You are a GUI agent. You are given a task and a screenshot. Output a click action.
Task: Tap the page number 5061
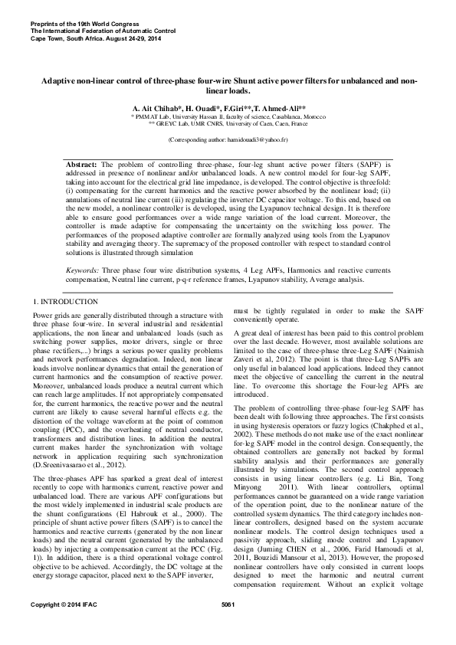pyautogui.click(x=228, y=627)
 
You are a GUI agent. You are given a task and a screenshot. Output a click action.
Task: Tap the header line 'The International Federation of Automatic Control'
pyautogui.click(x=103, y=31)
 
